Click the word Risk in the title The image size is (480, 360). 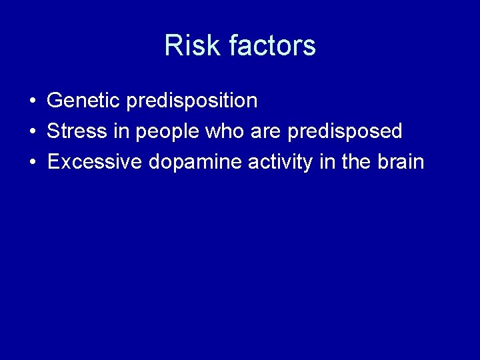point(193,46)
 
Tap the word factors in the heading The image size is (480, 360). point(272,46)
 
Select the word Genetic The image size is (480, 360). point(83,101)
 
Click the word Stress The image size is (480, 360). point(77,131)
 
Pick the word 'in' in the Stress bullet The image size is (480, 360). point(121,131)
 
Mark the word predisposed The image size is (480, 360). point(345,132)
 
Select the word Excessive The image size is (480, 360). point(95,162)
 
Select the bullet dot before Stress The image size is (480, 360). point(32,132)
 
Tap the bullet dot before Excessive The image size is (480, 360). point(32,163)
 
